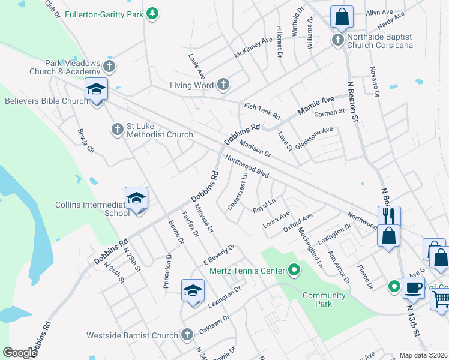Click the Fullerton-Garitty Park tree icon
tap(153, 13)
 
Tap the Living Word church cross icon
tap(223, 85)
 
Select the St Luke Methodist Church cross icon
tap(118, 129)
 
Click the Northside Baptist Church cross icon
tap(338, 40)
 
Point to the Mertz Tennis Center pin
tap(294, 271)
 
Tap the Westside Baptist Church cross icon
tap(187, 334)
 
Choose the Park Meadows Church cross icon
tap(109, 65)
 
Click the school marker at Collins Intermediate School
tap(136, 198)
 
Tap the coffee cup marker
tap(413, 287)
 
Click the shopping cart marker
tap(441, 298)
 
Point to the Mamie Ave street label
tap(315, 106)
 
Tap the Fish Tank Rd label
tap(262, 110)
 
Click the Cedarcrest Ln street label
tap(238, 191)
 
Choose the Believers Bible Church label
tap(47, 101)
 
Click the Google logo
tap(20, 352)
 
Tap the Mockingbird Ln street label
tap(311, 246)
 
